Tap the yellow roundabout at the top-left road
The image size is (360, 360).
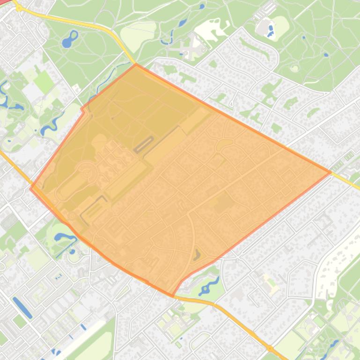click(19, 8)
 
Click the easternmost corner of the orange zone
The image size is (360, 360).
click(331, 173)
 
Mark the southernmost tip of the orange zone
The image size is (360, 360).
click(173, 296)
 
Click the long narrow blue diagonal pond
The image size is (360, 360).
click(22, 307)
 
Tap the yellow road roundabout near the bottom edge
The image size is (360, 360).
click(270, 348)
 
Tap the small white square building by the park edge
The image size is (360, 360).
click(76, 87)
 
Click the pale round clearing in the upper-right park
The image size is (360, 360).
click(294, 68)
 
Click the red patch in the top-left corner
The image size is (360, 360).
click(6, 2)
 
